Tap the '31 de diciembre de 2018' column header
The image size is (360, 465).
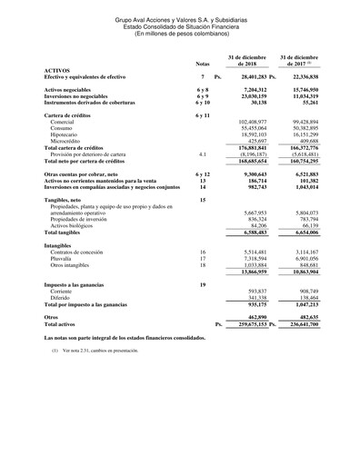click(245, 60)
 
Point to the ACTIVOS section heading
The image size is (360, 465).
click(59, 70)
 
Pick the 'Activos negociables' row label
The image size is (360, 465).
click(75, 91)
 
